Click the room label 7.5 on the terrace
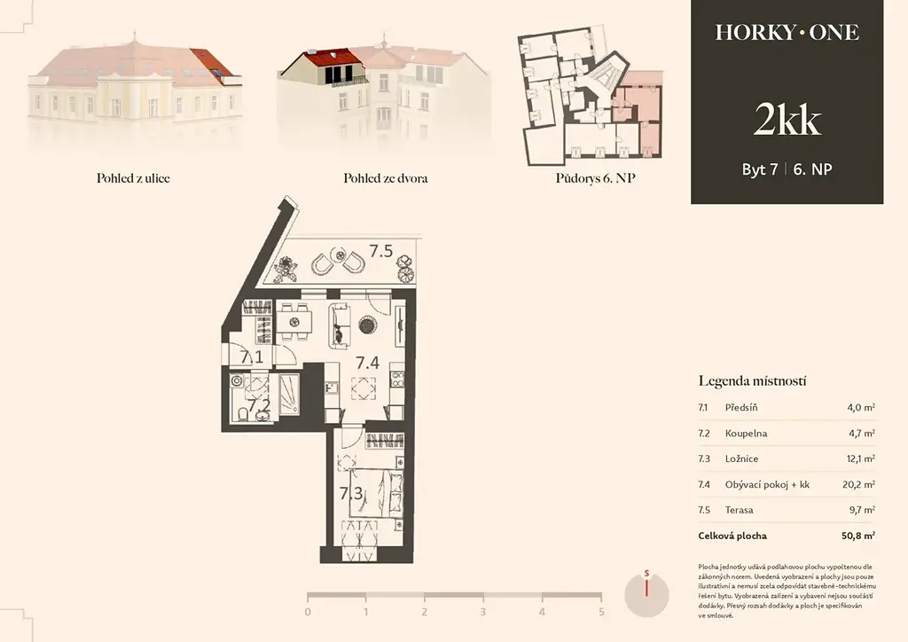point(381,251)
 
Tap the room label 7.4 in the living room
point(367,363)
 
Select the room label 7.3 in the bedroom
point(351,494)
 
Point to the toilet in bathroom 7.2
point(243,414)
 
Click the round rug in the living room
point(368,325)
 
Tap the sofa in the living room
point(340,325)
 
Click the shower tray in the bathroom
point(289,395)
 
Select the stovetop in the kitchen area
point(397,380)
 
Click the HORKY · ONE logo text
point(787,33)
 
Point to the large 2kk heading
point(787,120)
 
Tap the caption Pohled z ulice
point(133,178)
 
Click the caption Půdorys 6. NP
point(595,178)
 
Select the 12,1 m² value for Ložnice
point(860,458)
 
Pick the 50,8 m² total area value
point(858,536)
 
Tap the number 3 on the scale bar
point(483,612)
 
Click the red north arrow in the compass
point(646,588)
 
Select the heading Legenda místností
point(752,381)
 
